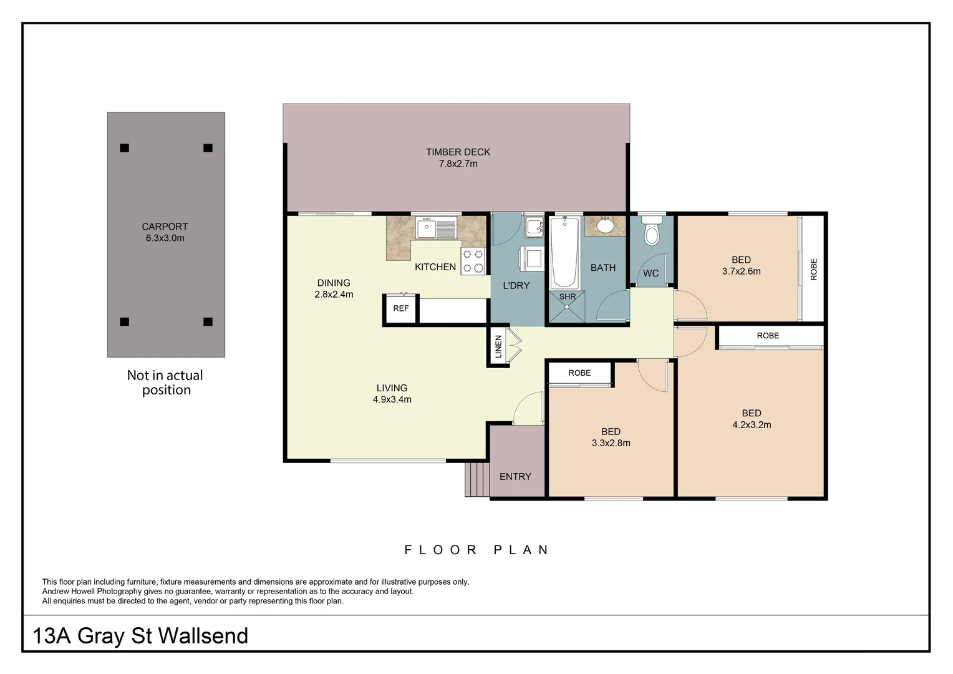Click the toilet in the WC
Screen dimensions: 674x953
pyautogui.click(x=652, y=233)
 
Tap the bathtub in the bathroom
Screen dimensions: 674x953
pyautogui.click(x=564, y=253)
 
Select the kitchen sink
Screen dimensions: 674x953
pyautogui.click(x=436, y=228)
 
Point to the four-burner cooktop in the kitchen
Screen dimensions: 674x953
pyautogui.click(x=473, y=261)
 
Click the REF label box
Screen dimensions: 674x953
pyautogui.click(x=400, y=308)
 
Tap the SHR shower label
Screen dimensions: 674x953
pyautogui.click(x=567, y=297)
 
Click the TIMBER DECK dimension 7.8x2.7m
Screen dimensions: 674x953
pyautogui.click(x=458, y=164)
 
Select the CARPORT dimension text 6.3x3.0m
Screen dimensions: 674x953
pyautogui.click(x=165, y=238)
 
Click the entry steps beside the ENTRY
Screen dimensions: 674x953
pyautogui.click(x=477, y=479)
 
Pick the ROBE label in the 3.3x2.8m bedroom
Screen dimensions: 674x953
pyautogui.click(x=579, y=373)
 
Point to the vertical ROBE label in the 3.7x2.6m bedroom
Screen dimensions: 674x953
pyautogui.click(x=813, y=270)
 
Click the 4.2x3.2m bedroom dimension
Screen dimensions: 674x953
pyautogui.click(x=752, y=425)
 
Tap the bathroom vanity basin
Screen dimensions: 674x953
pyautogui.click(x=604, y=225)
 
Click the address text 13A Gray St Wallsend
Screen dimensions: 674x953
pyautogui.click(x=140, y=636)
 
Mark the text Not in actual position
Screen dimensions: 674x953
pyautogui.click(x=165, y=383)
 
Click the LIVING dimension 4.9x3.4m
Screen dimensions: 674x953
pyautogui.click(x=392, y=399)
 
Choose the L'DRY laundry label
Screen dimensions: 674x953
pyautogui.click(x=516, y=286)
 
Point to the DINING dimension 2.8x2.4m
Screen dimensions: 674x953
pyautogui.click(x=334, y=295)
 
